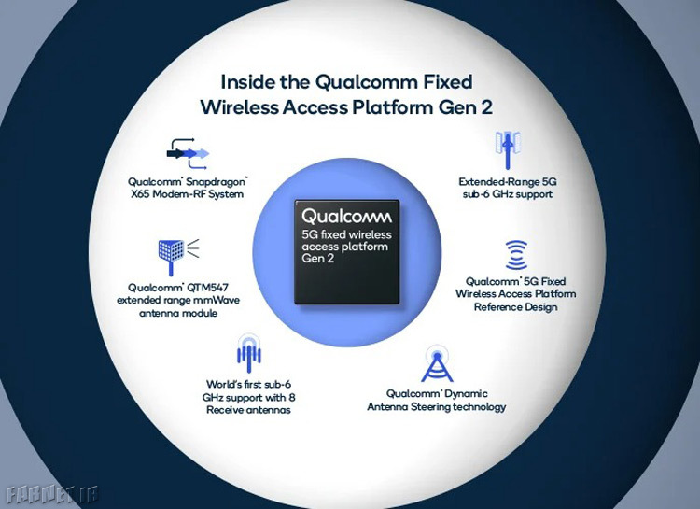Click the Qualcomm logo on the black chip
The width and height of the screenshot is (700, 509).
(346, 217)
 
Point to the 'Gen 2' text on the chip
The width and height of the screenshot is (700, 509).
(318, 259)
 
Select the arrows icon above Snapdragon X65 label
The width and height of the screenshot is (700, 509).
(188, 154)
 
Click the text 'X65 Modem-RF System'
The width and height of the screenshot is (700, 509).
(187, 194)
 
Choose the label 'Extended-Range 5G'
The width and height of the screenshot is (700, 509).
(508, 182)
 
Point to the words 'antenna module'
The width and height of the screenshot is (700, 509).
(178, 313)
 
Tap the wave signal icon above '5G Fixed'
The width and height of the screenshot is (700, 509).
(516, 255)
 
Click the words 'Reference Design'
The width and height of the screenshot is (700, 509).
(515, 307)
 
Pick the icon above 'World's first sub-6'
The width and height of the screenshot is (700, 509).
(248, 353)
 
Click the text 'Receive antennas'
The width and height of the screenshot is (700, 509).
(248, 410)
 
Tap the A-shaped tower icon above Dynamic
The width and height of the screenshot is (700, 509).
(437, 363)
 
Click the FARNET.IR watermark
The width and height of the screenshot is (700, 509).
(52, 494)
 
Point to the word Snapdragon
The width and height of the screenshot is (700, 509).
(217, 182)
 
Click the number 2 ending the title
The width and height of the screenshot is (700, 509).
(487, 108)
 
